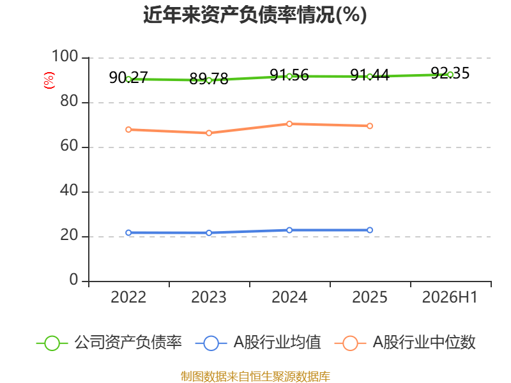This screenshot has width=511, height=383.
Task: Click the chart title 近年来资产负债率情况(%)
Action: point(255,15)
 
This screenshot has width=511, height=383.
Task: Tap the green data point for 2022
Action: point(128,79)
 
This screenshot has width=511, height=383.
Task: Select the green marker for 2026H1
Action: point(450,75)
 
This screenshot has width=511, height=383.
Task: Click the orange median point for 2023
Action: point(209,133)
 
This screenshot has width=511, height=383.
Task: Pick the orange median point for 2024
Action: point(289,124)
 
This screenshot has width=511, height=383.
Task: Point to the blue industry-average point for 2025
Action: point(370,230)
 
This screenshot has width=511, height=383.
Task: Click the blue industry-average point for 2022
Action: point(128,232)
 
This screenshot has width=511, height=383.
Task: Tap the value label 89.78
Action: point(209,79)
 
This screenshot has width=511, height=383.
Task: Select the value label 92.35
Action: point(450,73)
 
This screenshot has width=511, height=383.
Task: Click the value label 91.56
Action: point(289,75)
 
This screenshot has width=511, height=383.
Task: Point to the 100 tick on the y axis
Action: point(65,56)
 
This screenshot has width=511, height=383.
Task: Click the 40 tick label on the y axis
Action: point(69,190)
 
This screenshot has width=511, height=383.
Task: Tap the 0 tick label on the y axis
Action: point(73,280)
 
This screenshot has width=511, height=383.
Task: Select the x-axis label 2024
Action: point(289,297)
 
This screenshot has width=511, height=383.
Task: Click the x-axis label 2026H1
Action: point(450,297)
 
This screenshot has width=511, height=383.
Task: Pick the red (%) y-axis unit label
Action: point(49,80)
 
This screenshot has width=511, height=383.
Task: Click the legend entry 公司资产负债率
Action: point(109,343)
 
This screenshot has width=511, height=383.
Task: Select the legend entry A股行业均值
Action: point(258,343)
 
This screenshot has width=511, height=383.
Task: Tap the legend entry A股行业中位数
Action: point(405,343)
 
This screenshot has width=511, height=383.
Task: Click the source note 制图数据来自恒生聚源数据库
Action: point(256,377)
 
